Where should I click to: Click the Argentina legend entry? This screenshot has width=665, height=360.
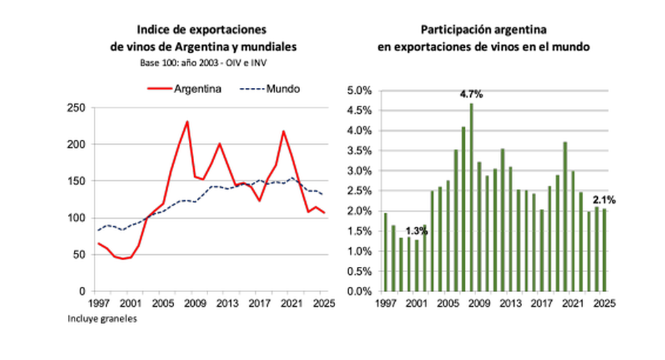point(184,89)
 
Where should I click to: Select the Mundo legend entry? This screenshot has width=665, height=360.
point(270,89)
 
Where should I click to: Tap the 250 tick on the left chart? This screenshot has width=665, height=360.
point(76,108)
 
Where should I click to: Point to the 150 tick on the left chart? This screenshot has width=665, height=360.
point(76,181)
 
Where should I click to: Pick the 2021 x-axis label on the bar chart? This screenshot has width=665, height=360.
point(573,303)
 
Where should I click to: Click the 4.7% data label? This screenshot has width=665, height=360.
point(471,94)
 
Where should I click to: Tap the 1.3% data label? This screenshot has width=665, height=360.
point(416,232)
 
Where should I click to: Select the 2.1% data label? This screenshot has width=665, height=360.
point(604,200)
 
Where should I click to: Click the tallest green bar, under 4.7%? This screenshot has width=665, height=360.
point(471,198)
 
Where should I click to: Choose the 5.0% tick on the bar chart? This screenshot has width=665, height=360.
point(359,90)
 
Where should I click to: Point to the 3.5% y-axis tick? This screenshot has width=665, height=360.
point(359,150)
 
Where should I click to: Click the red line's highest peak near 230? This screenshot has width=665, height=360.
point(187,122)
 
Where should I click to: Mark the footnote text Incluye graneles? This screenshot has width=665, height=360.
point(102,319)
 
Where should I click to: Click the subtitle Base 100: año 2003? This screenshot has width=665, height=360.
point(174,63)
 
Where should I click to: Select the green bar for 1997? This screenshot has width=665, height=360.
point(386,252)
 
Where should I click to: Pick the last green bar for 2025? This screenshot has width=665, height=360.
point(604,250)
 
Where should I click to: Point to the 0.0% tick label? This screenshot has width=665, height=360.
point(359,291)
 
